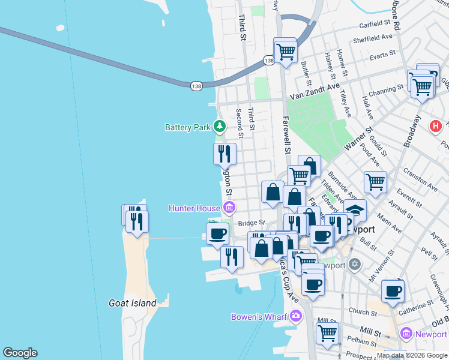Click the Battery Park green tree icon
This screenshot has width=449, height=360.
[x=220, y=127]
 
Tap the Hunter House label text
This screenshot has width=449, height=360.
[x=194, y=208]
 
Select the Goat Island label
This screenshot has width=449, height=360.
[x=133, y=304]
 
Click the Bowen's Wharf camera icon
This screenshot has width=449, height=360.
[x=295, y=316]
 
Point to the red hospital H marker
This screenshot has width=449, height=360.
[x=436, y=127]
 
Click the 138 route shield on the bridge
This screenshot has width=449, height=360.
[x=196, y=86]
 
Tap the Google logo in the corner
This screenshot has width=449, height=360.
[x=20, y=353]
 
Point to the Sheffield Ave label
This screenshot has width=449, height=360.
[x=372, y=36]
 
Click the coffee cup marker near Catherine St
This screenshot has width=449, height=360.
[x=393, y=292]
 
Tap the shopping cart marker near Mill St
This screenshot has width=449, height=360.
[x=327, y=332]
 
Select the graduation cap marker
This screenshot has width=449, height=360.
[x=355, y=211]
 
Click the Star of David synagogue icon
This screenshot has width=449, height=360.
[x=355, y=264]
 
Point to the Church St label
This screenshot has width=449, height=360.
[x=363, y=312]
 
